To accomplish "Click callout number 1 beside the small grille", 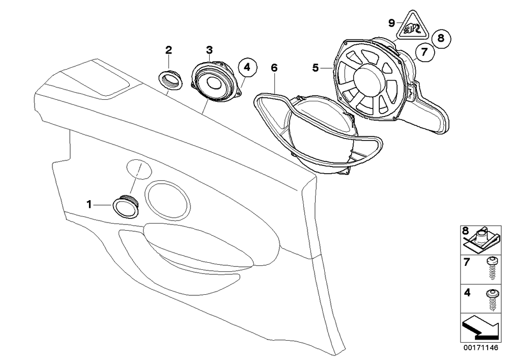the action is click(89, 205).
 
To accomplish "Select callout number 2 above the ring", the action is click(168, 50).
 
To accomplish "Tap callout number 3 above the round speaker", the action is click(209, 50).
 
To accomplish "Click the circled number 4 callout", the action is click(247, 68).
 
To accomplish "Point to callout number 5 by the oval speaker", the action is click(316, 68).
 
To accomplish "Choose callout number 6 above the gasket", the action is click(274, 68).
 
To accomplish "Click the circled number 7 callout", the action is click(425, 52).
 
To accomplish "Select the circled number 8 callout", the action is click(441, 38).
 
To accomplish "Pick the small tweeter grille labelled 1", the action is click(126, 207).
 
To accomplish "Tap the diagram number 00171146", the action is click(480, 348).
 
